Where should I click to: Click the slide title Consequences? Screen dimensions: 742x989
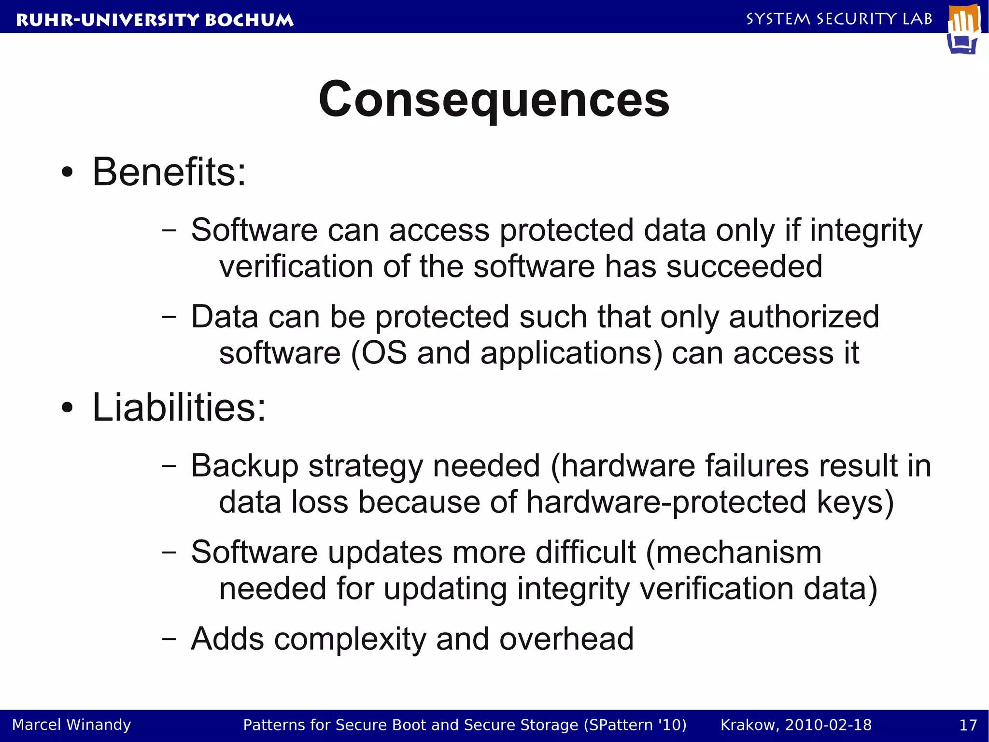click(494, 99)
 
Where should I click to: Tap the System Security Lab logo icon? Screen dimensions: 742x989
click(964, 29)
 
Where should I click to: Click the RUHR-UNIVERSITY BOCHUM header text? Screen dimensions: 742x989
click(155, 20)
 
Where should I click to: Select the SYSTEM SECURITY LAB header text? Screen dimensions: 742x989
click(839, 19)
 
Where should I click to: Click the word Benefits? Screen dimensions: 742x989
click(169, 172)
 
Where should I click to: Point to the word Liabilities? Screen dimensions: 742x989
click(179, 407)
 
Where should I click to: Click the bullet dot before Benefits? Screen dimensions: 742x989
click(68, 173)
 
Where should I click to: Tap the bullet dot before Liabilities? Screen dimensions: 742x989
click(68, 408)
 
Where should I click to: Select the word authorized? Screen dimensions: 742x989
click(804, 317)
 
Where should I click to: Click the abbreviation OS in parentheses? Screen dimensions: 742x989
click(384, 353)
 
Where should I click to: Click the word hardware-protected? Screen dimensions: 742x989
click(666, 502)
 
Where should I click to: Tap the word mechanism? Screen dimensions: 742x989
click(739, 552)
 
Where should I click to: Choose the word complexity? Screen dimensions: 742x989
click(350, 639)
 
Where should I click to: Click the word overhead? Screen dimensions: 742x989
click(566, 639)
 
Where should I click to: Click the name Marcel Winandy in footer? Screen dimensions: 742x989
click(71, 725)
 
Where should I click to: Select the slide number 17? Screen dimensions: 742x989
click(968, 725)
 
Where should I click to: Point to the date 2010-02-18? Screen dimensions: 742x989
click(828, 725)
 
